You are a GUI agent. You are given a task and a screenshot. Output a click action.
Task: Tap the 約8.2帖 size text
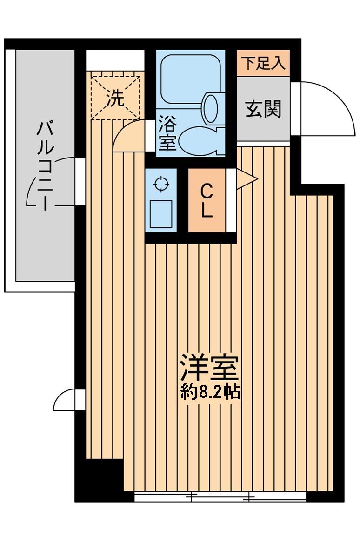click(x=210, y=392)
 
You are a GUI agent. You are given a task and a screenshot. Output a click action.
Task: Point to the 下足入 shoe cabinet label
click(x=263, y=63)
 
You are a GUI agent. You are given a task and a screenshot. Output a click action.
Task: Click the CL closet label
click(x=207, y=201)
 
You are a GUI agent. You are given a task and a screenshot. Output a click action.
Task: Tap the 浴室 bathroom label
click(x=168, y=133)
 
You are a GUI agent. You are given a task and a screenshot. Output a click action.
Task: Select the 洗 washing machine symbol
click(x=115, y=98)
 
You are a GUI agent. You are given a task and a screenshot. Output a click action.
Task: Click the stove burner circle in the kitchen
click(x=161, y=184)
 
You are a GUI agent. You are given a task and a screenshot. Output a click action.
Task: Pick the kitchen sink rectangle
click(x=161, y=214)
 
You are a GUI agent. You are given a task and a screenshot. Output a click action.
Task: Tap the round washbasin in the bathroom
click(x=211, y=108)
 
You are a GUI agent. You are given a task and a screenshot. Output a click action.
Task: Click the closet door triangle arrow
click(x=247, y=179)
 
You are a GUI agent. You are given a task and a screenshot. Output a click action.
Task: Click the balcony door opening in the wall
click(x=80, y=181)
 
